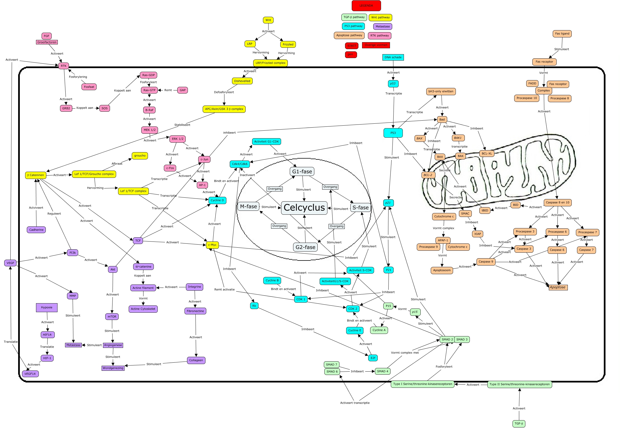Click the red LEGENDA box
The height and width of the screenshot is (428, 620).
(366, 6)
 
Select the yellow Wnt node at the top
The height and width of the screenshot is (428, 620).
(268, 20)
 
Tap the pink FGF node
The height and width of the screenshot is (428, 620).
(47, 36)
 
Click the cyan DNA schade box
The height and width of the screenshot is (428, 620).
(393, 57)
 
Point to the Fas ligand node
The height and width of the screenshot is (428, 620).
(562, 34)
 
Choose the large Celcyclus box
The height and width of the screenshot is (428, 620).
(304, 208)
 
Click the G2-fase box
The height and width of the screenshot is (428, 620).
(305, 247)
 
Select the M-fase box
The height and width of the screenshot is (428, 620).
(248, 207)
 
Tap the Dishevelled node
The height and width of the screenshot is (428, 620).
(242, 81)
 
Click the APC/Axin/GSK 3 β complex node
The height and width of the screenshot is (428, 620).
(224, 109)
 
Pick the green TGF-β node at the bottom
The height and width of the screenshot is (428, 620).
(519, 424)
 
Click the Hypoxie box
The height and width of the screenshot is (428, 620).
(47, 307)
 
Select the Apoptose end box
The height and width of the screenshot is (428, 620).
(558, 287)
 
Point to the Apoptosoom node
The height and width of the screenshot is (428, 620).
(442, 270)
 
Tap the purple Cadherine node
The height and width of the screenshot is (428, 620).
(36, 230)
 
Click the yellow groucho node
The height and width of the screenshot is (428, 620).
(140, 156)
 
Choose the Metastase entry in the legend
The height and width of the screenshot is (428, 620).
(382, 27)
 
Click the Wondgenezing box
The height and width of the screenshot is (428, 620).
(113, 368)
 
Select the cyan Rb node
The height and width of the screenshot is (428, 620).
(254, 306)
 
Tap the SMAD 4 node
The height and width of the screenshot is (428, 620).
(382, 371)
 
